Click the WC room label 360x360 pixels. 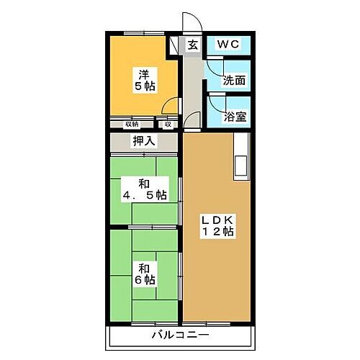coord(228,45)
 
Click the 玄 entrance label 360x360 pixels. coord(193,45)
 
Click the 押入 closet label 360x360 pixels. coord(143,141)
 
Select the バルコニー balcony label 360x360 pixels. coord(180,336)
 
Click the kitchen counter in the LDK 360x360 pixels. coord(240,156)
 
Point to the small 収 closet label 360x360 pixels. coord(168,124)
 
